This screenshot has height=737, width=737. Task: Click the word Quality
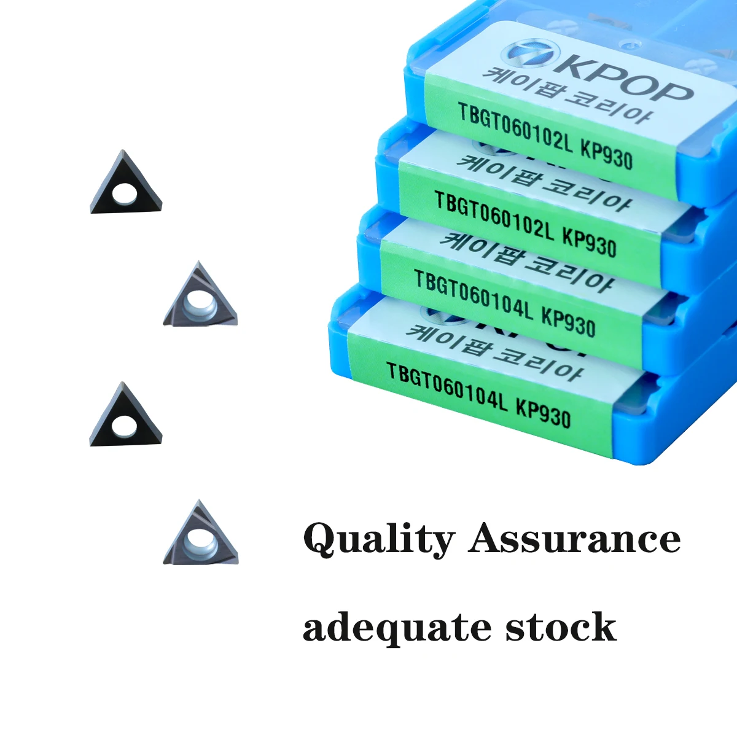[378, 539]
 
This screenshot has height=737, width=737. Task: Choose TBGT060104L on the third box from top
[474, 297]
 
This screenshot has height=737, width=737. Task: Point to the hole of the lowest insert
[198, 540]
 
